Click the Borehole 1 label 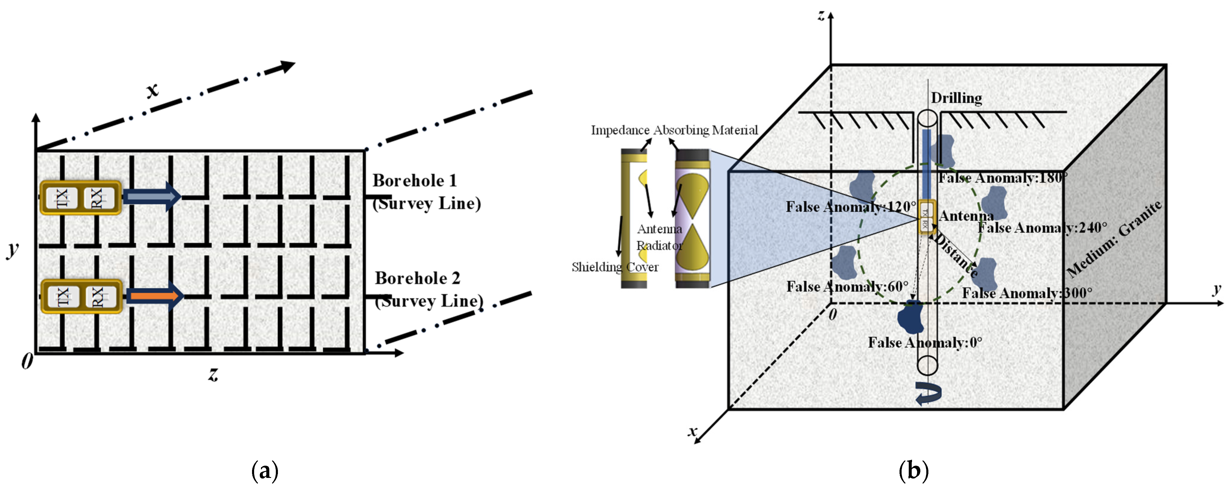[414, 181]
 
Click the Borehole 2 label [417, 278]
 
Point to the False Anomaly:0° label [925, 342]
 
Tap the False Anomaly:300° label [1027, 293]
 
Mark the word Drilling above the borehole [956, 98]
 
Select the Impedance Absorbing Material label [674, 130]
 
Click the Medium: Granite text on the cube [1113, 239]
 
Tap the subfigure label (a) [264, 471]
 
